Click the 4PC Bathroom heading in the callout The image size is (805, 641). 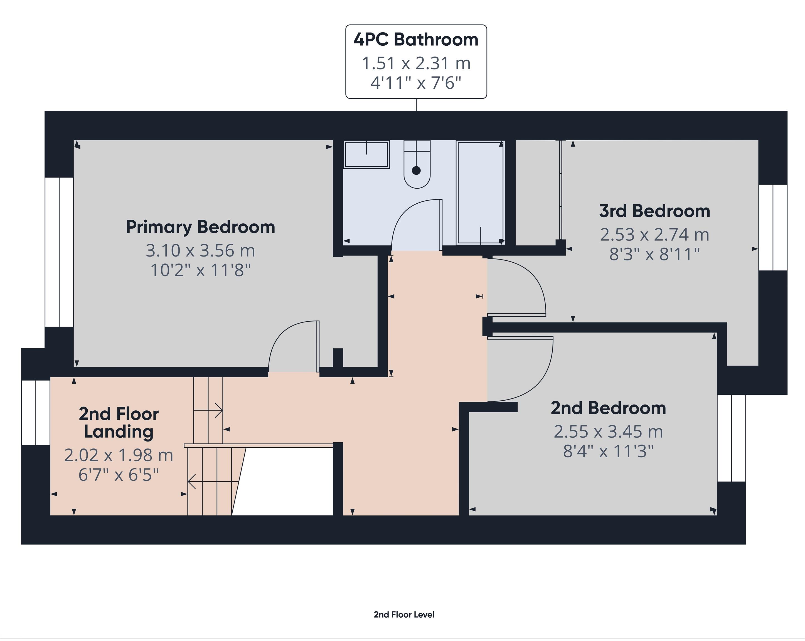[416, 40]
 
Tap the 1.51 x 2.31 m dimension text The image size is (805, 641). [416, 63]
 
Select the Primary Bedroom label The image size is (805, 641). [201, 227]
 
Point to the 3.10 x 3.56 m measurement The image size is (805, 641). [201, 250]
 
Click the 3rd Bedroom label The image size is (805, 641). [654, 211]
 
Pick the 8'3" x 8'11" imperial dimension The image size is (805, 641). [654, 254]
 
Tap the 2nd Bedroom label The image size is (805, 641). [608, 408]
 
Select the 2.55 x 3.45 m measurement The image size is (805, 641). [608, 432]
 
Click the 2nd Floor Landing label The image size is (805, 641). [119, 423]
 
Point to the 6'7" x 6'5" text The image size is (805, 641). [119, 475]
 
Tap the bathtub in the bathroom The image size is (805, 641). [481, 192]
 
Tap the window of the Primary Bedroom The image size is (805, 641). [59, 252]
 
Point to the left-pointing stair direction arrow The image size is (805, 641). [192, 482]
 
